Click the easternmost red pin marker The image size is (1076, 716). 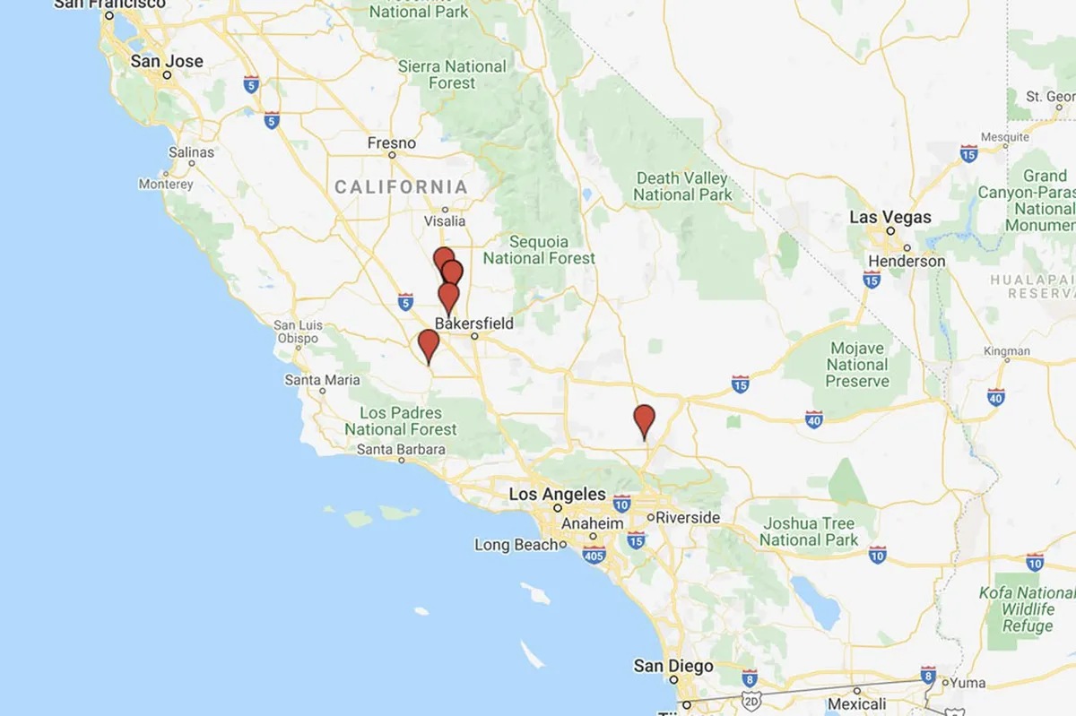pyautogui.click(x=644, y=418)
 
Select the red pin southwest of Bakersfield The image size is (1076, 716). pyautogui.click(x=429, y=343)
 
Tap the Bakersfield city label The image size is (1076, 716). pyautogui.click(x=474, y=323)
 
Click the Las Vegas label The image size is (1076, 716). pyautogui.click(x=889, y=217)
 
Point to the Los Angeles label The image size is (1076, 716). pyautogui.click(x=557, y=494)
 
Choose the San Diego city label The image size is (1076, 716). pyautogui.click(x=673, y=666)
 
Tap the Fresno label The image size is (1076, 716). pyautogui.click(x=392, y=143)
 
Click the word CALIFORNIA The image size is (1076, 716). pyautogui.click(x=401, y=187)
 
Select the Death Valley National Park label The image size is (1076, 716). pyautogui.click(x=682, y=186)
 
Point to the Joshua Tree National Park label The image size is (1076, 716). pyautogui.click(x=809, y=531)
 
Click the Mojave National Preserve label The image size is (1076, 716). pyautogui.click(x=857, y=365)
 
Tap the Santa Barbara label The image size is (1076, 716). pyautogui.click(x=401, y=449)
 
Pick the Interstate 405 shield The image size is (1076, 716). pyautogui.click(x=593, y=556)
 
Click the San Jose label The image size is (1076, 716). pyautogui.click(x=167, y=62)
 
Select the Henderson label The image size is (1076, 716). pyautogui.click(x=907, y=261)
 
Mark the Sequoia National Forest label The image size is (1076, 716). pyautogui.click(x=539, y=250)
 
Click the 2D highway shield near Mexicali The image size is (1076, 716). pyautogui.click(x=751, y=698)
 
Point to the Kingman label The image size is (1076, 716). pyautogui.click(x=1008, y=351)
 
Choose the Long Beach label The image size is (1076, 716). pyautogui.click(x=516, y=545)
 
